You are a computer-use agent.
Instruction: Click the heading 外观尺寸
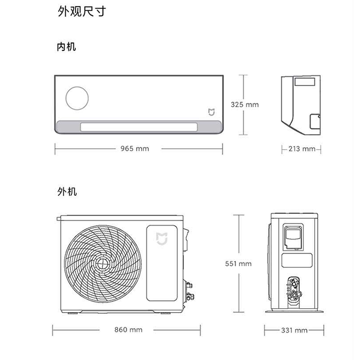[82, 11]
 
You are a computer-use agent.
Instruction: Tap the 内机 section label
[66, 47]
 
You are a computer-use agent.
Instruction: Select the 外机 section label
[67, 191]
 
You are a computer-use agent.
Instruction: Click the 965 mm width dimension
[135, 148]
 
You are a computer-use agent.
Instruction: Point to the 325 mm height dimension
[245, 105]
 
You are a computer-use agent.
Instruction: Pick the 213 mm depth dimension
[302, 149]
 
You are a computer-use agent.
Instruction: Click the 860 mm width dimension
[128, 330]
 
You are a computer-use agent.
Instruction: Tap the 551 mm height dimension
[238, 264]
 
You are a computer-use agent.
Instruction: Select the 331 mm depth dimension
[294, 330]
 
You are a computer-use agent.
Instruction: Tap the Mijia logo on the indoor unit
[212, 112]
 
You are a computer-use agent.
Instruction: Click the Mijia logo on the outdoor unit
[162, 239]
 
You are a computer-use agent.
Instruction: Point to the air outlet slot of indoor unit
[139, 127]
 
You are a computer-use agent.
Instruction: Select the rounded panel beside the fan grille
[162, 263]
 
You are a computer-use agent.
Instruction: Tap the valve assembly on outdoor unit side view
[294, 291]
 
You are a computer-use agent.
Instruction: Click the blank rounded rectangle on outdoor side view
[297, 260]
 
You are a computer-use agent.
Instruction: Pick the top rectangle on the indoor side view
[305, 82]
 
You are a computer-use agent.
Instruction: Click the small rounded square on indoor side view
[315, 121]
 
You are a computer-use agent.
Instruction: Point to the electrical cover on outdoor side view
[293, 237]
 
